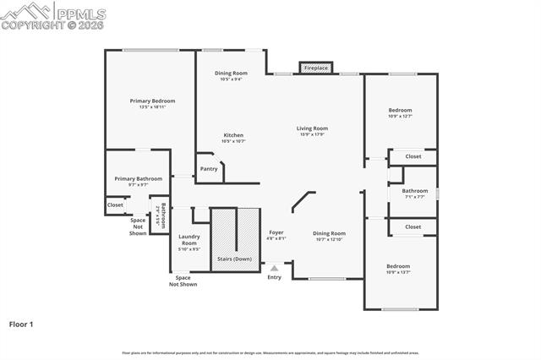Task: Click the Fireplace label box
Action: pyautogui.click(x=316, y=67)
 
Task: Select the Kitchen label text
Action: pyautogui.click(x=233, y=135)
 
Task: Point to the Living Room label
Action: pyautogui.click(x=312, y=128)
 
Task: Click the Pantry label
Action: pyautogui.click(x=209, y=168)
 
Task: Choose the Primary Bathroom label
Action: pyautogui.click(x=139, y=178)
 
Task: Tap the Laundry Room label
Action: pyautogui.click(x=189, y=240)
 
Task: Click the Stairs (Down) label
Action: pyautogui.click(x=234, y=259)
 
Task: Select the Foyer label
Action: pyautogui.click(x=276, y=232)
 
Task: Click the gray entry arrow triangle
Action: pyautogui.click(x=274, y=268)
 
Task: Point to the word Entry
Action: pyautogui.click(x=274, y=277)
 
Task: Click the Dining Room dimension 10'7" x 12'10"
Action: pyautogui.click(x=330, y=239)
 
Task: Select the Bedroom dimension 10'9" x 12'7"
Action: pyautogui.click(x=400, y=116)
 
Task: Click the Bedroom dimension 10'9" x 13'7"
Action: pyautogui.click(x=398, y=271)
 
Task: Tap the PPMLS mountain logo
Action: pyautogui.click(x=25, y=11)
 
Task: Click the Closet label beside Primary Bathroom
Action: pyautogui.click(x=115, y=205)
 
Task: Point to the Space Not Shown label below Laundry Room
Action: pyautogui.click(x=183, y=281)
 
